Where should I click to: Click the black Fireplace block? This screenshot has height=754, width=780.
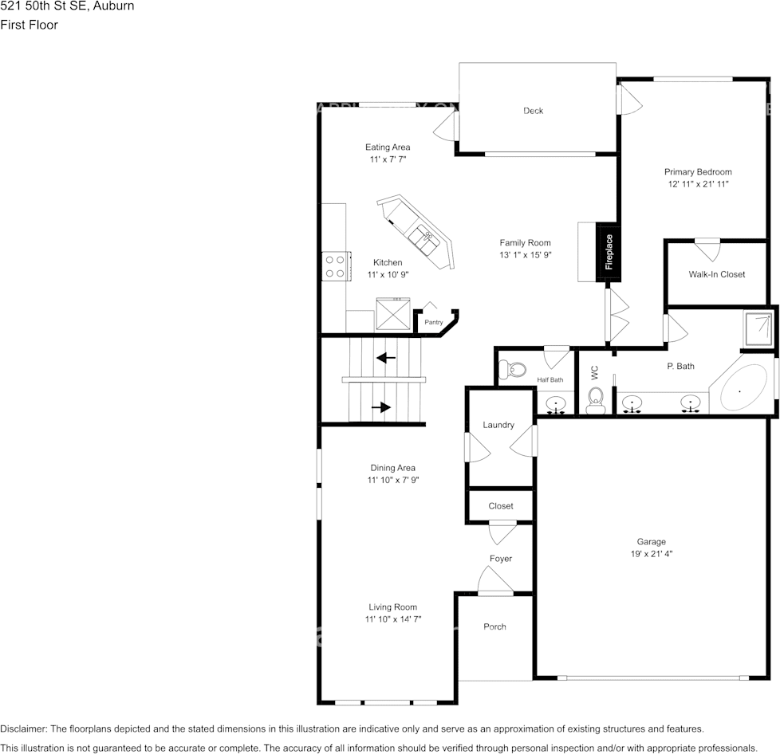[x=609, y=252]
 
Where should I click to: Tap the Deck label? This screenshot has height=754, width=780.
[x=533, y=111]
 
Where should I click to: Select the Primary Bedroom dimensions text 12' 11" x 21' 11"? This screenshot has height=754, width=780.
[x=697, y=184]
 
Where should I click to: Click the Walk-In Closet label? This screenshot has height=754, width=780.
[x=716, y=274]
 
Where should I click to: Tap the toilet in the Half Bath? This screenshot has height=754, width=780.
[x=512, y=370]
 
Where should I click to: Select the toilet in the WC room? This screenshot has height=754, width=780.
[x=595, y=400]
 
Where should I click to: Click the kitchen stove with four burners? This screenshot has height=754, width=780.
[x=334, y=266]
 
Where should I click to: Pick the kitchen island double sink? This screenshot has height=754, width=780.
[x=423, y=237]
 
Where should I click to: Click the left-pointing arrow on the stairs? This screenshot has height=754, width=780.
[x=386, y=358]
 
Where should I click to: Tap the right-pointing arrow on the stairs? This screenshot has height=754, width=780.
[x=381, y=407]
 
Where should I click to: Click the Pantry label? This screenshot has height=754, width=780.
[x=433, y=322]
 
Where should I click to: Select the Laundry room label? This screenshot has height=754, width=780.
[x=498, y=425]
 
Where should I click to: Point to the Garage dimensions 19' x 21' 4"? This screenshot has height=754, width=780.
[x=651, y=553]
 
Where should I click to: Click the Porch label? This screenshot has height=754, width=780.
[x=494, y=626]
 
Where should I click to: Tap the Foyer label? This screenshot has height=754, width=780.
[x=501, y=559]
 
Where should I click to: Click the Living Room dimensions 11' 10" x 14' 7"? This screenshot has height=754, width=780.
[x=393, y=619]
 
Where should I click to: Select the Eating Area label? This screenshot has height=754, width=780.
[x=388, y=147]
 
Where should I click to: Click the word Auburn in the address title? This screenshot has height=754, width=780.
[x=114, y=6]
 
